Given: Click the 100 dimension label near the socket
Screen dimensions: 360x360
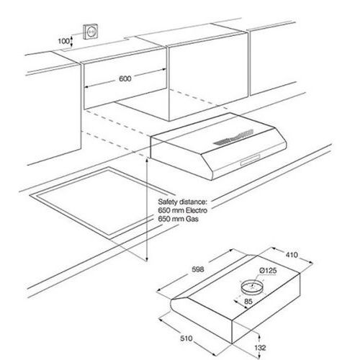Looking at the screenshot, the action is [63, 41].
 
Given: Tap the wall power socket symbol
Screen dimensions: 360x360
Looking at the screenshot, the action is [91, 31].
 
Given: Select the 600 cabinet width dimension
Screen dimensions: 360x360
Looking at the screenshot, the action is [125, 78].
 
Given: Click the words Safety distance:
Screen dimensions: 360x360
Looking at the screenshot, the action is [182, 202].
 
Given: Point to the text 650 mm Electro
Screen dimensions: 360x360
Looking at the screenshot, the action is [182, 210].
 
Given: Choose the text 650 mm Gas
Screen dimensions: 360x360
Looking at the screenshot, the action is [178, 219].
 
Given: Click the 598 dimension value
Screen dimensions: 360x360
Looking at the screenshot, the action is [198, 269].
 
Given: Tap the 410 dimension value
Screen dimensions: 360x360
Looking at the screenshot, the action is [292, 255].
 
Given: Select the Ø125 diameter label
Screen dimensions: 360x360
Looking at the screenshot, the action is [269, 271].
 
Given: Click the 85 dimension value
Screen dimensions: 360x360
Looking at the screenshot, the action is [248, 301].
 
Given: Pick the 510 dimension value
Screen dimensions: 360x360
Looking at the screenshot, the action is [186, 338].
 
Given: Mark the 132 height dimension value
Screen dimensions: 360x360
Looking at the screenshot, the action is [260, 348].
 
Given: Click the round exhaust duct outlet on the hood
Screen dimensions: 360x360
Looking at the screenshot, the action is [252, 287].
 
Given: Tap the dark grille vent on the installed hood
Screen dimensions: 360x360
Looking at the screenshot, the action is [233, 138].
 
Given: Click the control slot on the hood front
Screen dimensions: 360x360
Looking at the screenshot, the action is [250, 160].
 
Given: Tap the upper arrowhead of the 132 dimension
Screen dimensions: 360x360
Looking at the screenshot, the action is [259, 336].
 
